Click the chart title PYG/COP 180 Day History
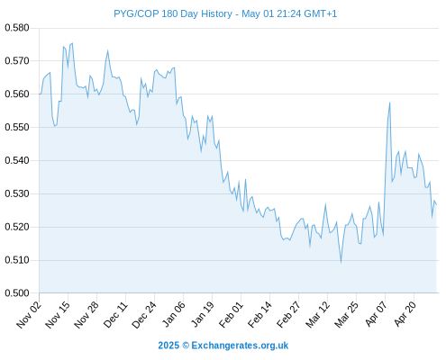(x=173, y=13)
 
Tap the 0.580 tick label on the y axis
(x=17, y=28)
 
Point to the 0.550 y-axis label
(x=17, y=127)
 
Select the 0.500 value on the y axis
(x=17, y=293)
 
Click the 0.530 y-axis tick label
(x=17, y=193)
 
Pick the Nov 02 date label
(x=29, y=314)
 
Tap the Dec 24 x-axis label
(x=144, y=314)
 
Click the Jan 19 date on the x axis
(x=202, y=314)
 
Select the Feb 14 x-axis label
(x=259, y=314)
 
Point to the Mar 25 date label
(x=346, y=314)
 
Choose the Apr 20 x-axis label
(x=405, y=314)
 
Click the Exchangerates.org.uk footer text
(x=240, y=346)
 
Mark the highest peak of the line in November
(x=72, y=43)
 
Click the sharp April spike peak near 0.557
(x=389, y=103)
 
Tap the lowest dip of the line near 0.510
(x=341, y=262)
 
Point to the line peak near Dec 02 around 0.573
(x=107, y=50)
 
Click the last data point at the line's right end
(x=436, y=205)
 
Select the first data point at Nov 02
(x=40, y=94)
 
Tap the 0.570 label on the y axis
(x=17, y=61)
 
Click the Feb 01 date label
(x=231, y=314)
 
